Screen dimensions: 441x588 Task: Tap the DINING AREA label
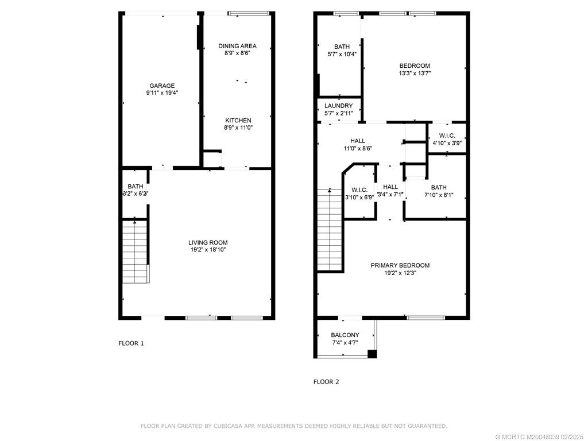(237, 46)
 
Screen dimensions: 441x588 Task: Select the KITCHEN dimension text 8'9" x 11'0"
(237, 127)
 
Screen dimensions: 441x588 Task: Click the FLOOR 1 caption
(131, 343)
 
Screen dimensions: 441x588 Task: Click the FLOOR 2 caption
(326, 381)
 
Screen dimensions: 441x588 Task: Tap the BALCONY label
(345, 335)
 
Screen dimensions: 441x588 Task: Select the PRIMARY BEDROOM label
(400, 265)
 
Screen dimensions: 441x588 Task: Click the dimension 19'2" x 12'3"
(400, 273)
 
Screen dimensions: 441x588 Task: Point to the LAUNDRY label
(338, 106)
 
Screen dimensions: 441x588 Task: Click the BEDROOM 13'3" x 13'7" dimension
(414, 73)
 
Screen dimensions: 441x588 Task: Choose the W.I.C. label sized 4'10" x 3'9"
(447, 136)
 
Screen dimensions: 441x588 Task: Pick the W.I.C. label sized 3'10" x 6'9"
(359, 190)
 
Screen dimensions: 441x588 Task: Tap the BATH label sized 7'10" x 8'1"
(439, 187)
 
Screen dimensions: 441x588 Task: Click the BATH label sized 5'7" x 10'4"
(342, 47)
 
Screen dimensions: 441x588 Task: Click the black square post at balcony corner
(372, 354)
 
